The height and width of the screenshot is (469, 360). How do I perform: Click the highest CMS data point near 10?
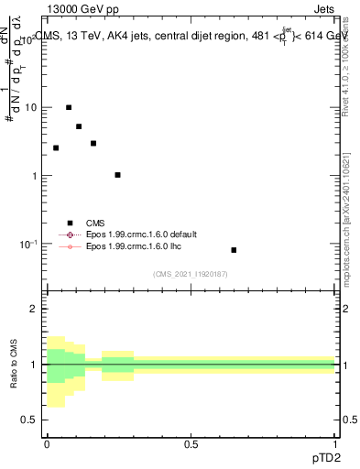[x=68, y=107]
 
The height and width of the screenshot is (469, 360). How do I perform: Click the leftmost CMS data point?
[x=56, y=147]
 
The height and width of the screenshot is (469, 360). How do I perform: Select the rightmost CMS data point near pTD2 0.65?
[x=234, y=250]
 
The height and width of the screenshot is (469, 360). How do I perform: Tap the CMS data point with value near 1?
[x=117, y=175]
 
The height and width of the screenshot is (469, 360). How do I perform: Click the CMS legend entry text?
[x=95, y=223]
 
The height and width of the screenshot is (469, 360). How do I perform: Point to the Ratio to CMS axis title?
[x=16, y=364]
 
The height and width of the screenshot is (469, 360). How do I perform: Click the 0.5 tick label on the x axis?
[x=191, y=443]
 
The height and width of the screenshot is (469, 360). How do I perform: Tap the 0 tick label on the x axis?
[x=47, y=443]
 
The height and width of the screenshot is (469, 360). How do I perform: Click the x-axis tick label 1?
[x=334, y=443]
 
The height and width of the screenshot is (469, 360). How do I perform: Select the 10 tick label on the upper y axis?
[x=30, y=107]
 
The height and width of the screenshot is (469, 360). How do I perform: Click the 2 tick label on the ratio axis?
[x=34, y=309]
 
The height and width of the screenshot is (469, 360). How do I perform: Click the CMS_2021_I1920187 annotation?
[x=190, y=273]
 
